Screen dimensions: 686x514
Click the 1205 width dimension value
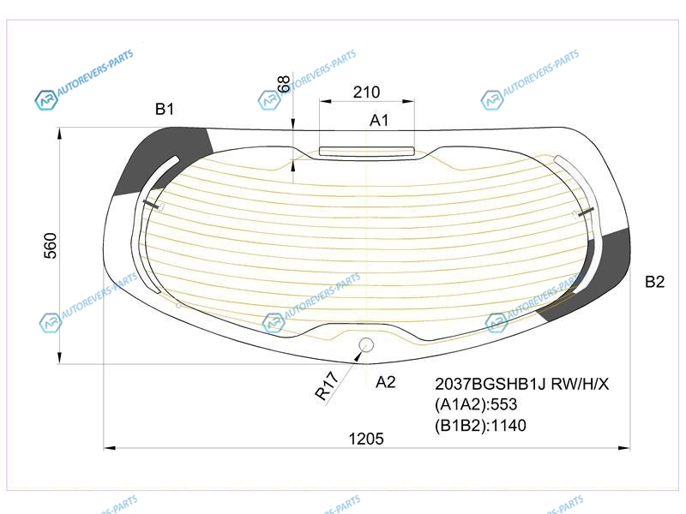click(x=366, y=439)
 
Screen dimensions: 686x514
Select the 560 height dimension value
click(x=51, y=246)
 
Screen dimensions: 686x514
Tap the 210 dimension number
click(x=367, y=93)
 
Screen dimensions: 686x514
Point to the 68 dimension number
click(x=284, y=84)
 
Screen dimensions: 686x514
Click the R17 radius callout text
click(x=327, y=385)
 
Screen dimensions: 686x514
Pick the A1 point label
click(x=379, y=120)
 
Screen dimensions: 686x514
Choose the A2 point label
click(x=385, y=382)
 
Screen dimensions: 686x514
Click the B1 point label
click(x=165, y=109)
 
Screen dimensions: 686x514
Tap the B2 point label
click(x=654, y=282)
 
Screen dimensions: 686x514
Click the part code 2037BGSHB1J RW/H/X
click(x=521, y=384)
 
